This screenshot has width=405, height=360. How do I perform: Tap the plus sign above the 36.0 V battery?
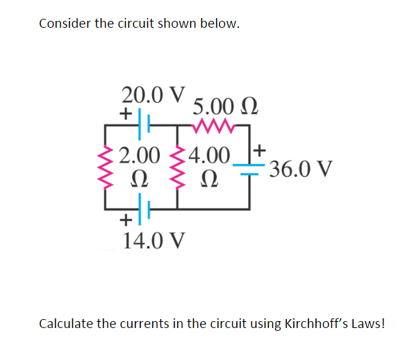(259, 149)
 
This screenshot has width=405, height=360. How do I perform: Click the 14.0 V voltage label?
(154, 240)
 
